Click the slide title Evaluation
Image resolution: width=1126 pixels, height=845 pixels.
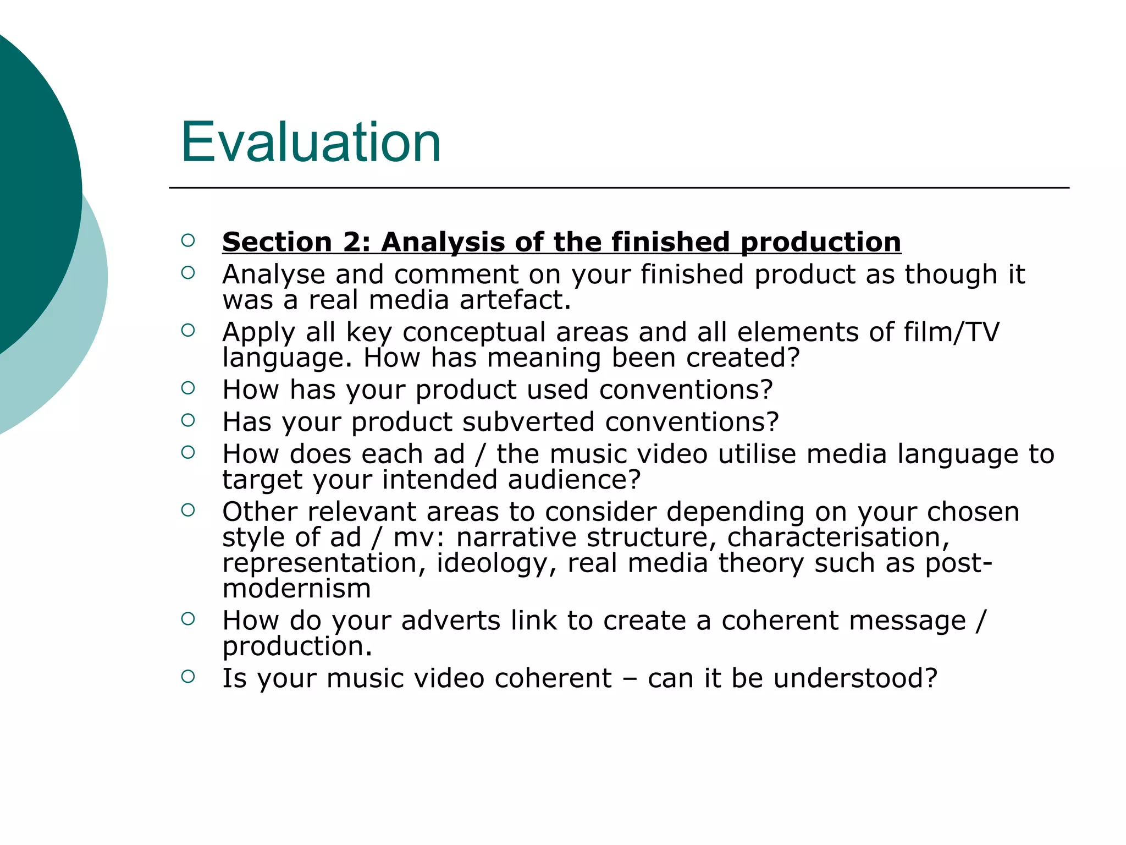pyautogui.click(x=311, y=142)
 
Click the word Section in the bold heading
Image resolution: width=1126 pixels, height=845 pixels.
pyautogui.click(x=277, y=242)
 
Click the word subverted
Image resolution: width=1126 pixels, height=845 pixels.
pyautogui.click(x=528, y=422)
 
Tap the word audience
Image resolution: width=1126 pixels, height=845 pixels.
pyautogui.click(x=574, y=480)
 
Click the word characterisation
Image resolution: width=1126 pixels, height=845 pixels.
pyautogui.click(x=838, y=537)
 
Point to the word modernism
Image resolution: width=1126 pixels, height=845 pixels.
pyautogui.click(x=297, y=589)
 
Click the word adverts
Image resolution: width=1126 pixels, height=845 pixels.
pyautogui.click(x=451, y=621)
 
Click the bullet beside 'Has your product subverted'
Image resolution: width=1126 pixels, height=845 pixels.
pyautogui.click(x=188, y=420)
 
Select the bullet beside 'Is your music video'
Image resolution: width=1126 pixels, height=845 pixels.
pyautogui.click(x=188, y=676)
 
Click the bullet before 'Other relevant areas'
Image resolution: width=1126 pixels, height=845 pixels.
pyautogui.click(x=188, y=510)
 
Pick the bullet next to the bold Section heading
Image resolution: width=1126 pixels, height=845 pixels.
pyautogui.click(x=188, y=240)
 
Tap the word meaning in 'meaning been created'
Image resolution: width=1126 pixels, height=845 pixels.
pyautogui.click(x=544, y=358)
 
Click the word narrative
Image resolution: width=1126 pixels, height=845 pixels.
pyautogui.click(x=516, y=537)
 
